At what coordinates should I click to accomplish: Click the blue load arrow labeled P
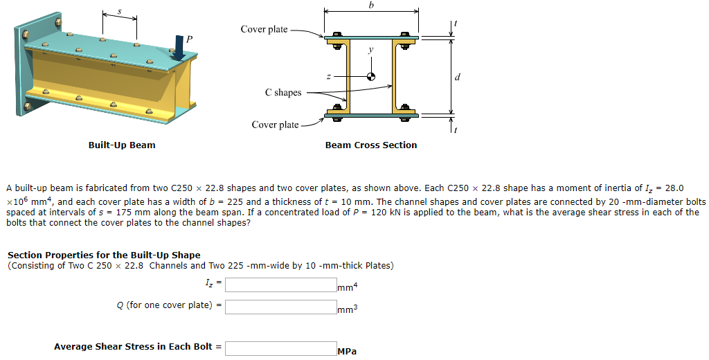coord(179,47)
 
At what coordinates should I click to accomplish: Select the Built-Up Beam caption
coord(122,145)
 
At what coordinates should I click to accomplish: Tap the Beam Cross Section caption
coord(371,145)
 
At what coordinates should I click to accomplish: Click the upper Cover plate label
coord(264,29)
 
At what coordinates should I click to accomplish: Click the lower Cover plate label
coord(275,125)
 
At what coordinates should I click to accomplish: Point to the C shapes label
coord(283,92)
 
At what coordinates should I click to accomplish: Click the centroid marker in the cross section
coord(371,77)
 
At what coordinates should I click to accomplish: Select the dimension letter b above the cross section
coord(371,5)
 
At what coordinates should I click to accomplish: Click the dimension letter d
coord(457,76)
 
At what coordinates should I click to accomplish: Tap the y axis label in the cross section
coord(371,50)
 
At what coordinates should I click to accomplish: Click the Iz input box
coord(280,285)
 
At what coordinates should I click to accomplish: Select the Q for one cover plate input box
coord(280,307)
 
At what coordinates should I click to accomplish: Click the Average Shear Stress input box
coord(280,348)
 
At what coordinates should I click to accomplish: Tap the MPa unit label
coord(347,351)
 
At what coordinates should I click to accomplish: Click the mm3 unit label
coord(348,309)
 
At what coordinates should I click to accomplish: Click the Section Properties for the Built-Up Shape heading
coord(104,255)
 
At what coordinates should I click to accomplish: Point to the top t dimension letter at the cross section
coord(455,24)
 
